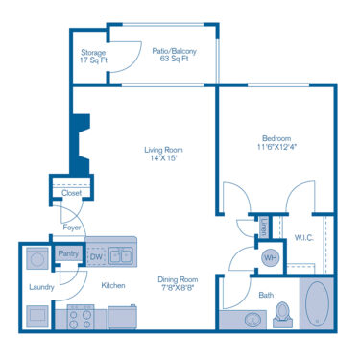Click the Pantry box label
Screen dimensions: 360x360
68,254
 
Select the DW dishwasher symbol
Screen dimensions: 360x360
95,256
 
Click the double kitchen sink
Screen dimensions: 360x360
121,255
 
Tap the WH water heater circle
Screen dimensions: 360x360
270,257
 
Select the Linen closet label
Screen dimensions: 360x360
263,228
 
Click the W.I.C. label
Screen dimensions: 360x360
305,237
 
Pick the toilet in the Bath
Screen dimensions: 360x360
281,312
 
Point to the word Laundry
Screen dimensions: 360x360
40,286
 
